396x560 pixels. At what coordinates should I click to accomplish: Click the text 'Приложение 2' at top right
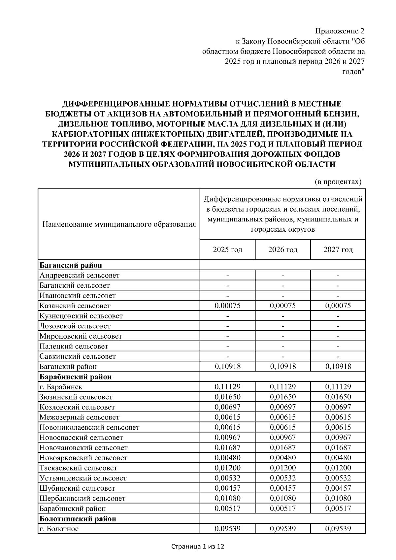click(x=340, y=31)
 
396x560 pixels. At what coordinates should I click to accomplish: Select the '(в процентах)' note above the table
click(x=337, y=181)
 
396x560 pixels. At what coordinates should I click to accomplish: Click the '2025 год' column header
click(x=227, y=250)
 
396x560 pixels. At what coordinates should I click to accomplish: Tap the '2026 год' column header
click(x=283, y=250)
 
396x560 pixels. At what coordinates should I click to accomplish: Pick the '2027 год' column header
click(x=338, y=250)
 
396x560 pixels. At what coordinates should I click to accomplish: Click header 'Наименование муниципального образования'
click(x=119, y=225)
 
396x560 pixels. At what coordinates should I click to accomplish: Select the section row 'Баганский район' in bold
click(x=71, y=265)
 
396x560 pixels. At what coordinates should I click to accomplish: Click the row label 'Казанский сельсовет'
click(x=75, y=306)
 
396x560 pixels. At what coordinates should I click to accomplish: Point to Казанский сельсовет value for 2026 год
click(x=283, y=306)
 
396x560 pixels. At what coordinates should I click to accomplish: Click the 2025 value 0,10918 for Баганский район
click(x=227, y=366)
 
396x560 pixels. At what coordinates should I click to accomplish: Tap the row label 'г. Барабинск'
click(x=61, y=387)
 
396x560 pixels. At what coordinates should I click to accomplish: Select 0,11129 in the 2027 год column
click(x=338, y=387)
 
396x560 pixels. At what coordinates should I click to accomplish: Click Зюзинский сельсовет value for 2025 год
click(x=227, y=397)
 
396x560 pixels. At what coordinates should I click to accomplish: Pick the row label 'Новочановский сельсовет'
click(x=83, y=448)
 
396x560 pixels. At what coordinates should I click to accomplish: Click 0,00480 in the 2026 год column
click(x=283, y=458)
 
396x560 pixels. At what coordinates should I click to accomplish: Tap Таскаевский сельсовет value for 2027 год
click(x=338, y=468)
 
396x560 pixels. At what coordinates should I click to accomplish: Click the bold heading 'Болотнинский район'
click(x=78, y=519)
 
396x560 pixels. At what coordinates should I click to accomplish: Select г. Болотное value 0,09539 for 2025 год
click(x=227, y=529)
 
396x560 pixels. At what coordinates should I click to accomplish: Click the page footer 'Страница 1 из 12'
click(x=198, y=547)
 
